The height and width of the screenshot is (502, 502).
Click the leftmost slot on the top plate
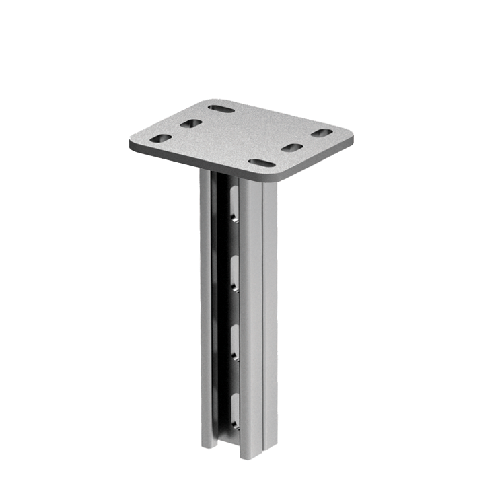pyautogui.click(x=160, y=139)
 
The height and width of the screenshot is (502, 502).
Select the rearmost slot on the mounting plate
pyautogui.click(x=221, y=108)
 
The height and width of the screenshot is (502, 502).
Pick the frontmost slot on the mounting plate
pyautogui.click(x=261, y=163)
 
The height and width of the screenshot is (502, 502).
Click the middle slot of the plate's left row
pyautogui.click(x=191, y=124)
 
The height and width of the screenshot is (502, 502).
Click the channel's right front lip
pyautogui.click(x=251, y=316)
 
